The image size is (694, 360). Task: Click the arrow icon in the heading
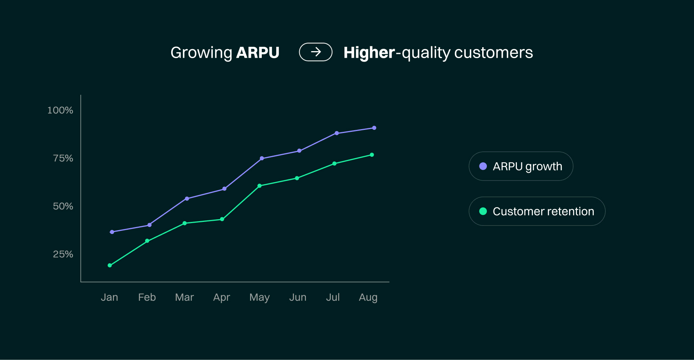point(316,52)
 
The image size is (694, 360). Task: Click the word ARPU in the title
point(257,53)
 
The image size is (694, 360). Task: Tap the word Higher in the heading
point(369,53)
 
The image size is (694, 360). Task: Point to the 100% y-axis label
point(60,110)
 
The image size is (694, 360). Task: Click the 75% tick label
point(63,158)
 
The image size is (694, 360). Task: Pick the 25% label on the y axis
point(63,254)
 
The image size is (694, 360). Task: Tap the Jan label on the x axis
point(109,297)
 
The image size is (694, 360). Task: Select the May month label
point(259,298)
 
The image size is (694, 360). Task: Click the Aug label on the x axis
point(368,298)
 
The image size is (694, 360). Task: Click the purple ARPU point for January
point(112,232)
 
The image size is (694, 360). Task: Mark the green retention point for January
point(110,265)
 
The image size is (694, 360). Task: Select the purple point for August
point(374,128)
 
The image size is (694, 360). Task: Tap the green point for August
point(372,155)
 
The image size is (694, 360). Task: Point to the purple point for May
point(262,158)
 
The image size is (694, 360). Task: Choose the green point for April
point(222,219)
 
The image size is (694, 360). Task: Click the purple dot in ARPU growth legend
point(483,166)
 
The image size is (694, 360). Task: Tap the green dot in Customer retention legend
point(483,211)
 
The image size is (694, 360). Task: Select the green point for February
point(147,241)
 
